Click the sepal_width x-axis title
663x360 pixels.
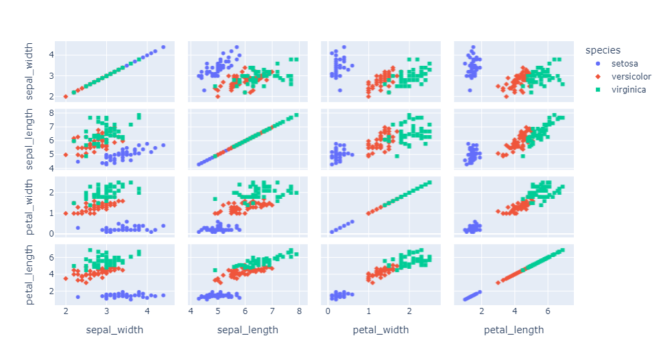click(x=114, y=330)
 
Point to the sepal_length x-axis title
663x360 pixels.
click(x=248, y=330)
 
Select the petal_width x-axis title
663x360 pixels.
click(x=381, y=330)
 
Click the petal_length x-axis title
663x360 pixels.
click(x=514, y=330)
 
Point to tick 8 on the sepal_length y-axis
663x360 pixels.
click(x=49, y=114)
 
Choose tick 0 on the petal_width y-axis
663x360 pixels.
click(x=49, y=233)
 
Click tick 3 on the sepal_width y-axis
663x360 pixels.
click(x=49, y=75)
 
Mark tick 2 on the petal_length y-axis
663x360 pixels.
click(x=49, y=291)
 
